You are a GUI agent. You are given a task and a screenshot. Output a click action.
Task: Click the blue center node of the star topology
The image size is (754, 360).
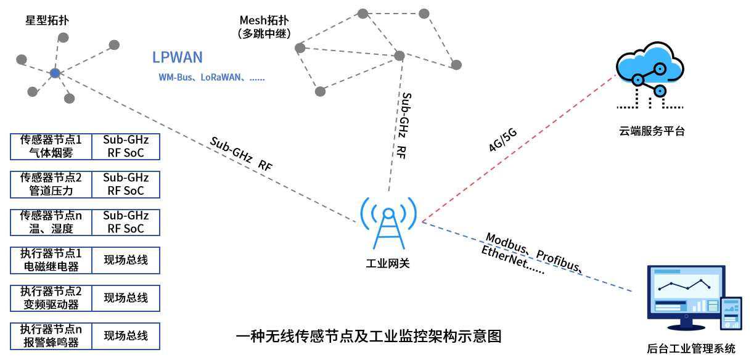[x=55, y=73]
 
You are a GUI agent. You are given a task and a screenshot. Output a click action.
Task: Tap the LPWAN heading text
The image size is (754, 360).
[x=178, y=58]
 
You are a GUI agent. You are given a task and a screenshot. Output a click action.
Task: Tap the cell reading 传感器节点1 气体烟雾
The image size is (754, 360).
[x=51, y=147]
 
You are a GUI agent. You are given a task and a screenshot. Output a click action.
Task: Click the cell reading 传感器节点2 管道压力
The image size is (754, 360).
[x=51, y=184]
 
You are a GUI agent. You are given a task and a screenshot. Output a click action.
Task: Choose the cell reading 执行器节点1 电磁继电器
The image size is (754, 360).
[x=51, y=260]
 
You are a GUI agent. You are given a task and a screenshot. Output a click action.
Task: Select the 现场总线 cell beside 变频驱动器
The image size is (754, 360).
[x=126, y=298]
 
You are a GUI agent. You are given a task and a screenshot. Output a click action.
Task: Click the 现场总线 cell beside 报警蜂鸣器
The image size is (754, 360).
[x=126, y=336]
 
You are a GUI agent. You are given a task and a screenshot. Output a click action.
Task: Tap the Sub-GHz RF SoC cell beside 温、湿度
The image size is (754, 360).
[x=126, y=222]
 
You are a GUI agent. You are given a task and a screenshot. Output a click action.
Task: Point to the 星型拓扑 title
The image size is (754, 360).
[x=47, y=20]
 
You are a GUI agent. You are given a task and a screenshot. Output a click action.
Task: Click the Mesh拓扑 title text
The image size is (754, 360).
[x=264, y=20]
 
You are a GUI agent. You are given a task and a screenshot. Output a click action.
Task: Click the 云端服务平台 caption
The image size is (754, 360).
[x=652, y=131]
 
